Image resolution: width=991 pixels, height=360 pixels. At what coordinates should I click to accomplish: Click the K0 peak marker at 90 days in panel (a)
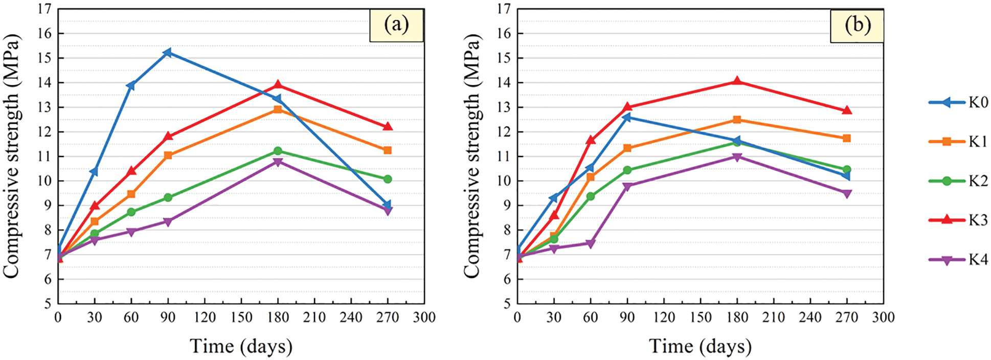tap(168, 53)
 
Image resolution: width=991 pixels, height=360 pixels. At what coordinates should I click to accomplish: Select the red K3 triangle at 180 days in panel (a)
tap(278, 85)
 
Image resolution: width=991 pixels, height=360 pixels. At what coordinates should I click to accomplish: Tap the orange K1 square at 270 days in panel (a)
tap(388, 150)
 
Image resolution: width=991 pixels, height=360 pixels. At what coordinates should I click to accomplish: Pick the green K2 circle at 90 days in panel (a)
tap(168, 197)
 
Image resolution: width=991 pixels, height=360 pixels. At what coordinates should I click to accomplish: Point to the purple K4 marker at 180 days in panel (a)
tap(278, 162)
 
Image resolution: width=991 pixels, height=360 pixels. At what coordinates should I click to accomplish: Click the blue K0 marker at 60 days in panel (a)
tap(131, 85)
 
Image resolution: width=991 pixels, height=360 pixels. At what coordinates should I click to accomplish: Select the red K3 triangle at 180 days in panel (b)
tap(737, 81)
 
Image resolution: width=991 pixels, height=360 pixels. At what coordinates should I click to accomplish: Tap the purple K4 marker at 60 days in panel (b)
tap(591, 244)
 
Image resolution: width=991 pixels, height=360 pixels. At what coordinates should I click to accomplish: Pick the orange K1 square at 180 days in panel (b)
tap(737, 120)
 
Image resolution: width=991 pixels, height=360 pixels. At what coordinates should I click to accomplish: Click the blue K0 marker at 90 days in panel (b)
tap(627, 118)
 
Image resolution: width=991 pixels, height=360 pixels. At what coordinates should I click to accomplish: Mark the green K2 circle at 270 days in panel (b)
tap(847, 170)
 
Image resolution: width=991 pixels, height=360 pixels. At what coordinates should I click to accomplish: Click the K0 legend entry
tap(958, 102)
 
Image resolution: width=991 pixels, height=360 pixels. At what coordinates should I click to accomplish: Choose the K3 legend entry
tap(958, 220)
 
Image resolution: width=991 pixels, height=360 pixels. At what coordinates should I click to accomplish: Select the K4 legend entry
tap(958, 259)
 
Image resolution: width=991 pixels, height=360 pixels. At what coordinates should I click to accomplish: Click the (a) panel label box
tap(396, 25)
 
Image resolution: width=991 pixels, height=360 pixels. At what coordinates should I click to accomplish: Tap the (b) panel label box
tap(857, 25)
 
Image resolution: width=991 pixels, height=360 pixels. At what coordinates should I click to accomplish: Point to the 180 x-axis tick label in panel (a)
tap(278, 318)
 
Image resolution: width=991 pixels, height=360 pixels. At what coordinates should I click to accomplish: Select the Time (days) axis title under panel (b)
tap(700, 346)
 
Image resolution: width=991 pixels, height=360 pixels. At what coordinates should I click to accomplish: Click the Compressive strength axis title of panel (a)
tap(11, 156)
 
